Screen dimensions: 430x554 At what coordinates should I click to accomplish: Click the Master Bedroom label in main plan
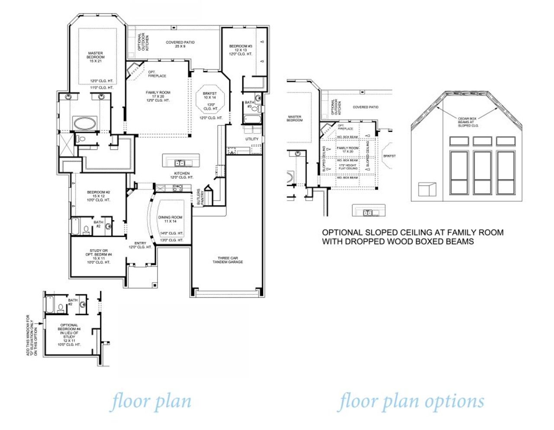pyautogui.click(x=95, y=57)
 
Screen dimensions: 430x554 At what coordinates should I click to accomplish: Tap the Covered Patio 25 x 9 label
pyautogui.click(x=180, y=44)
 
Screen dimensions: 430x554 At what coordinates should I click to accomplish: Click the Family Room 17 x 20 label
pyautogui.click(x=158, y=96)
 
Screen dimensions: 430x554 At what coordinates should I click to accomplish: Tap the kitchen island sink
pyautogui.click(x=180, y=163)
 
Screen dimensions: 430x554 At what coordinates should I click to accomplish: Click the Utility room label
pyautogui.click(x=252, y=139)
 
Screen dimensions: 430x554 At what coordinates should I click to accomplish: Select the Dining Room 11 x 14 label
pyautogui.click(x=170, y=219)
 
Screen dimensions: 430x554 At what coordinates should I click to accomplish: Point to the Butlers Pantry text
pyautogui.click(x=200, y=197)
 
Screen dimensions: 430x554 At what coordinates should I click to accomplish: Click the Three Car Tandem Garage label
pyautogui.click(x=228, y=260)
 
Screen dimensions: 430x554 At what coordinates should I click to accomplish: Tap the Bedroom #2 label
pyautogui.click(x=99, y=196)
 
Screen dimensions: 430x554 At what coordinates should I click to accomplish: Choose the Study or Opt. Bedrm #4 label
pyautogui.click(x=99, y=256)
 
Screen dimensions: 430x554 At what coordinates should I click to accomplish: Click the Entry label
pyautogui.click(x=140, y=245)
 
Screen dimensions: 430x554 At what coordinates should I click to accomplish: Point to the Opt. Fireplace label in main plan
pyautogui.click(x=157, y=74)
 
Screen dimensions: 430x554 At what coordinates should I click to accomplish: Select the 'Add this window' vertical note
pyautogui.click(x=32, y=336)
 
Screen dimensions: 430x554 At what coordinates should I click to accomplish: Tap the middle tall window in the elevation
pyautogui.click(x=482, y=173)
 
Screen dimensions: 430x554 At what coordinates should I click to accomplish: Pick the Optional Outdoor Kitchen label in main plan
pyautogui.click(x=143, y=42)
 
